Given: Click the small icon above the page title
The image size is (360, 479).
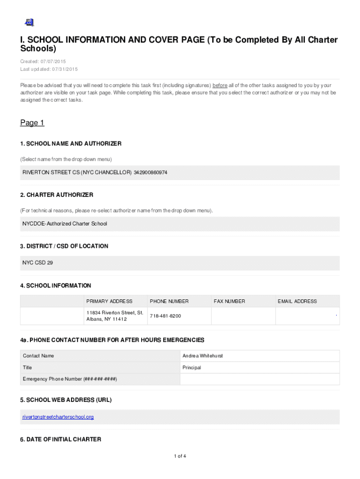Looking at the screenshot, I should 29,22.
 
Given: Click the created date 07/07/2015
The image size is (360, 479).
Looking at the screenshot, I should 54,61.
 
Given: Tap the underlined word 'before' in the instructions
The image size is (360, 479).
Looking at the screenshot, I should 220,86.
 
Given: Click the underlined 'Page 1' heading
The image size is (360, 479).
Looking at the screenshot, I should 32,123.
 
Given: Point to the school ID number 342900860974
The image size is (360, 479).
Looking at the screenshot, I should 151,173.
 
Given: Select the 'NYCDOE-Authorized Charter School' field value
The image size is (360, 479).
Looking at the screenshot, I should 65,224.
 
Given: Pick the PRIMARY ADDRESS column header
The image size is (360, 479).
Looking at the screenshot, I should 109,301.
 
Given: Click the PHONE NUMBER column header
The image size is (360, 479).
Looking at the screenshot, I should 169,301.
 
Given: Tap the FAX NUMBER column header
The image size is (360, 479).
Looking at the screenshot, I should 229,301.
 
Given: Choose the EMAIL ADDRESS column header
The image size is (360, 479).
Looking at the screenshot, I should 297,301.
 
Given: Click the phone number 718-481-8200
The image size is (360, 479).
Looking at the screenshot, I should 165,316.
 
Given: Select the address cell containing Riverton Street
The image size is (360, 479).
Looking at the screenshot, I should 115,316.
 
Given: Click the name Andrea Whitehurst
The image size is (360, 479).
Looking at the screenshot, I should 202,356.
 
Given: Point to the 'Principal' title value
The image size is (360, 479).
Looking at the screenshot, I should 192,368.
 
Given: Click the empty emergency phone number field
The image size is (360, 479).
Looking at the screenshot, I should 259,379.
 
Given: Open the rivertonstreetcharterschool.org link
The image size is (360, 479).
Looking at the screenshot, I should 58,417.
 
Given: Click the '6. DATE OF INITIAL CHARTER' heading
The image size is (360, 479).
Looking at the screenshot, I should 60,439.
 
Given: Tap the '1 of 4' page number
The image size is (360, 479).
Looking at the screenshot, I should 180,456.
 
